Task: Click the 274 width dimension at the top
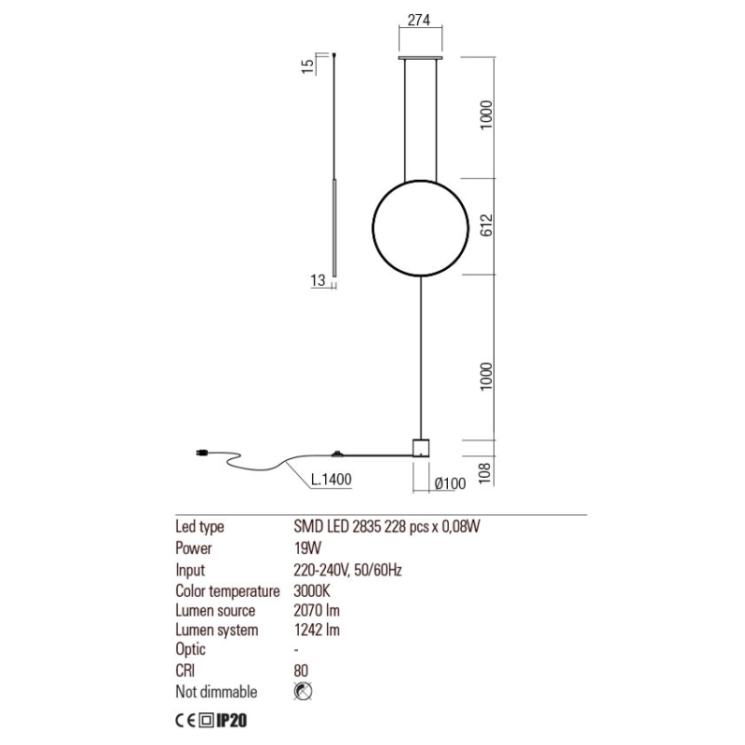pyautogui.click(x=419, y=20)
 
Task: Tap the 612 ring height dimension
pyautogui.click(x=487, y=225)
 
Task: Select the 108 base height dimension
pyautogui.click(x=484, y=473)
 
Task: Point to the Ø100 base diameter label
pyautogui.click(x=450, y=483)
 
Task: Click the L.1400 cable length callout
pyautogui.click(x=332, y=480)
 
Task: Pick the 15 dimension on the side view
pyautogui.click(x=308, y=65)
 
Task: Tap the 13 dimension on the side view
pyautogui.click(x=318, y=280)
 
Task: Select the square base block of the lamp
pyautogui.click(x=421, y=448)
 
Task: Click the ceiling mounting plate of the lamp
pyautogui.click(x=421, y=58)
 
